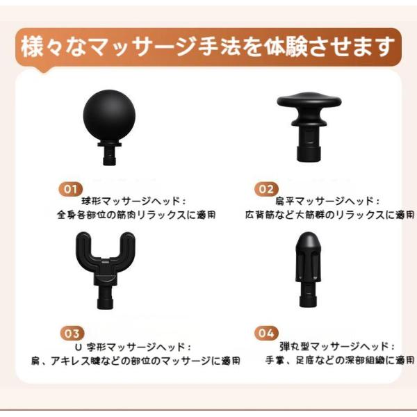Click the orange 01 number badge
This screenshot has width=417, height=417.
[x=70, y=189]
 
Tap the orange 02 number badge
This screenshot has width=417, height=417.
[x=266, y=189]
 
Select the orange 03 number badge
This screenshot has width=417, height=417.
[x=72, y=333]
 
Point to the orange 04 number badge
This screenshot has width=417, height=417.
[x=266, y=333]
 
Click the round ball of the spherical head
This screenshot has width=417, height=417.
[x=109, y=116]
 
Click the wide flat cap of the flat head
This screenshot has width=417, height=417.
[x=309, y=99]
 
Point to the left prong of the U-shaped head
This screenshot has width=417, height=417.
[x=84, y=246]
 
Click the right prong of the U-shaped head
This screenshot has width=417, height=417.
[x=127, y=246]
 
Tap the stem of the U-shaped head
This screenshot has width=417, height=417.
[x=106, y=297]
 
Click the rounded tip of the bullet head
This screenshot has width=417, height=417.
[x=308, y=240]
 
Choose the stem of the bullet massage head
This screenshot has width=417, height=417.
[x=308, y=295]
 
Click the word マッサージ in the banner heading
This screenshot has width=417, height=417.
[x=142, y=47]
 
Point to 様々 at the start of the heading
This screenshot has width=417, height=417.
[x=42, y=47]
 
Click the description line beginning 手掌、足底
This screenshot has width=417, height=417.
[x=340, y=361]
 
